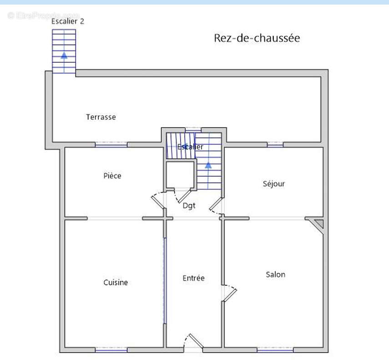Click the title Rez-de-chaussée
(257, 38)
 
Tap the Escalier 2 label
(68, 21)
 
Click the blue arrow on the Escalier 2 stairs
(64, 56)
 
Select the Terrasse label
(101, 117)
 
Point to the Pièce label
(112, 176)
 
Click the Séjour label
(274, 184)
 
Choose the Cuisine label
(116, 283)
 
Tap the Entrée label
(193, 278)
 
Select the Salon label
(275, 274)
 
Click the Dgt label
(189, 206)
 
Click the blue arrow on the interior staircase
(208, 165)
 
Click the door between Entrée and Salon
(229, 293)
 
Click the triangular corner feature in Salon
(318, 223)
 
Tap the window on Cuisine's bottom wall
(111, 350)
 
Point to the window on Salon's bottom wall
(275, 350)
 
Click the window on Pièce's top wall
(111, 145)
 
